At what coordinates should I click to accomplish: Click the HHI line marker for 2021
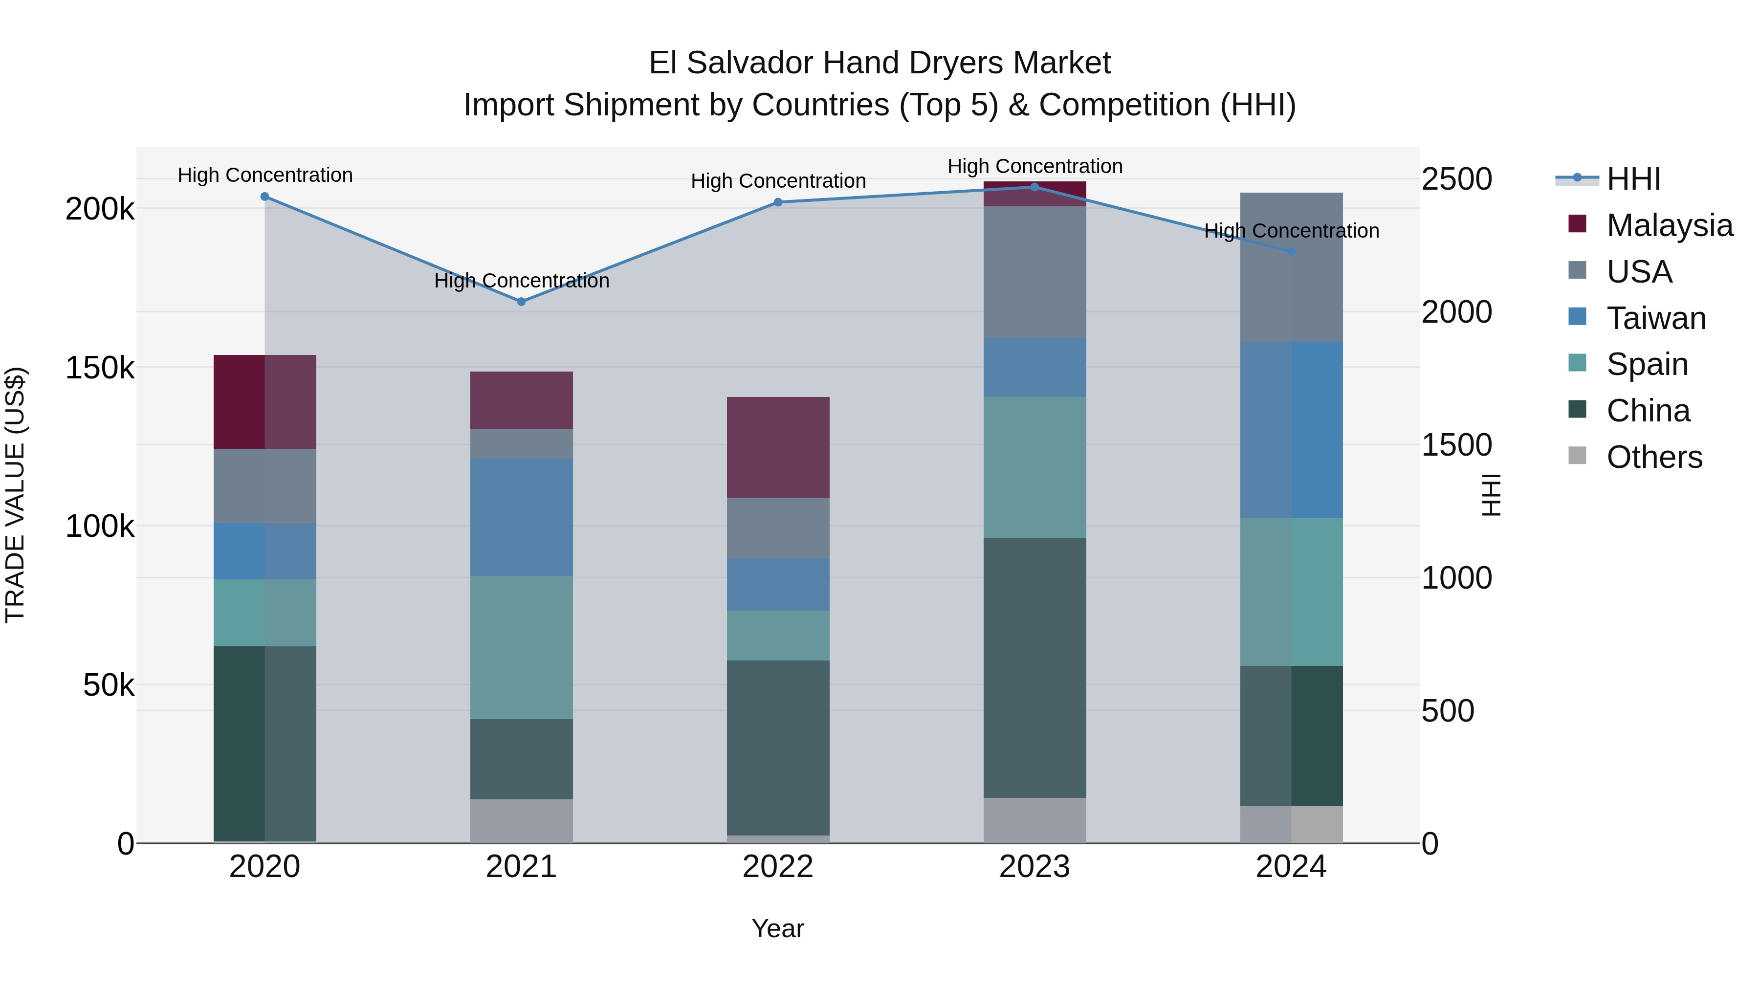click(521, 301)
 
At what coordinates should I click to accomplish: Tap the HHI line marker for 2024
click(1291, 251)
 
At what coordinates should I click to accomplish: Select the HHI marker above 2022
click(777, 202)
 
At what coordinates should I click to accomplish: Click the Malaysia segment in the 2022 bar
click(777, 447)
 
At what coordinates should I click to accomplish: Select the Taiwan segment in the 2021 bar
click(521, 517)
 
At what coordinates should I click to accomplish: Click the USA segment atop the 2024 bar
click(1291, 267)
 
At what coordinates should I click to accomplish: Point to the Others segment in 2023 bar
click(1034, 820)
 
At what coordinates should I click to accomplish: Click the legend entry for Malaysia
click(1669, 225)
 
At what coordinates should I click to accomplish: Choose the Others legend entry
click(1654, 457)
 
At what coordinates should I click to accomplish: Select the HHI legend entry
click(1633, 179)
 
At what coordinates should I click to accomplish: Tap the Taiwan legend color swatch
click(1577, 317)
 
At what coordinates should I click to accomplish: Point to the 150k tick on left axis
click(100, 368)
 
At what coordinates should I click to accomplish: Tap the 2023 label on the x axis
click(1034, 867)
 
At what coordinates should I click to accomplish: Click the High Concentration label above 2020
click(265, 175)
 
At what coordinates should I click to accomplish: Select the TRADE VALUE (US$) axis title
click(15, 495)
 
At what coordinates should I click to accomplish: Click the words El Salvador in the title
click(731, 63)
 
